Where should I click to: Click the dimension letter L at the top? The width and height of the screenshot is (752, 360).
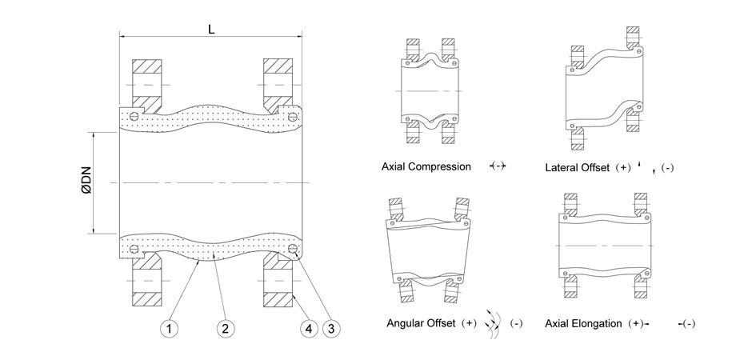pyautogui.click(x=210, y=29)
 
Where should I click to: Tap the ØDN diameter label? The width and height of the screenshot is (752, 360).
pyautogui.click(x=86, y=182)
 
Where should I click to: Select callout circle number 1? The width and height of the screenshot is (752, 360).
pyautogui.click(x=169, y=327)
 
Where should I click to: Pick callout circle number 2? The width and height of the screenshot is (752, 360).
pyautogui.click(x=225, y=327)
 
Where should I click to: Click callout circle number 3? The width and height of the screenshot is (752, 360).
pyautogui.click(x=332, y=327)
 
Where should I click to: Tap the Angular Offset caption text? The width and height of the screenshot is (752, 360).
pyautogui.click(x=421, y=323)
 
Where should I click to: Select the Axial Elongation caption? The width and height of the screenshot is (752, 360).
pyautogui.click(x=582, y=323)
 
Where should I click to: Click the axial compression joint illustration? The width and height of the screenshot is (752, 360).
pyautogui.click(x=431, y=91)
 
